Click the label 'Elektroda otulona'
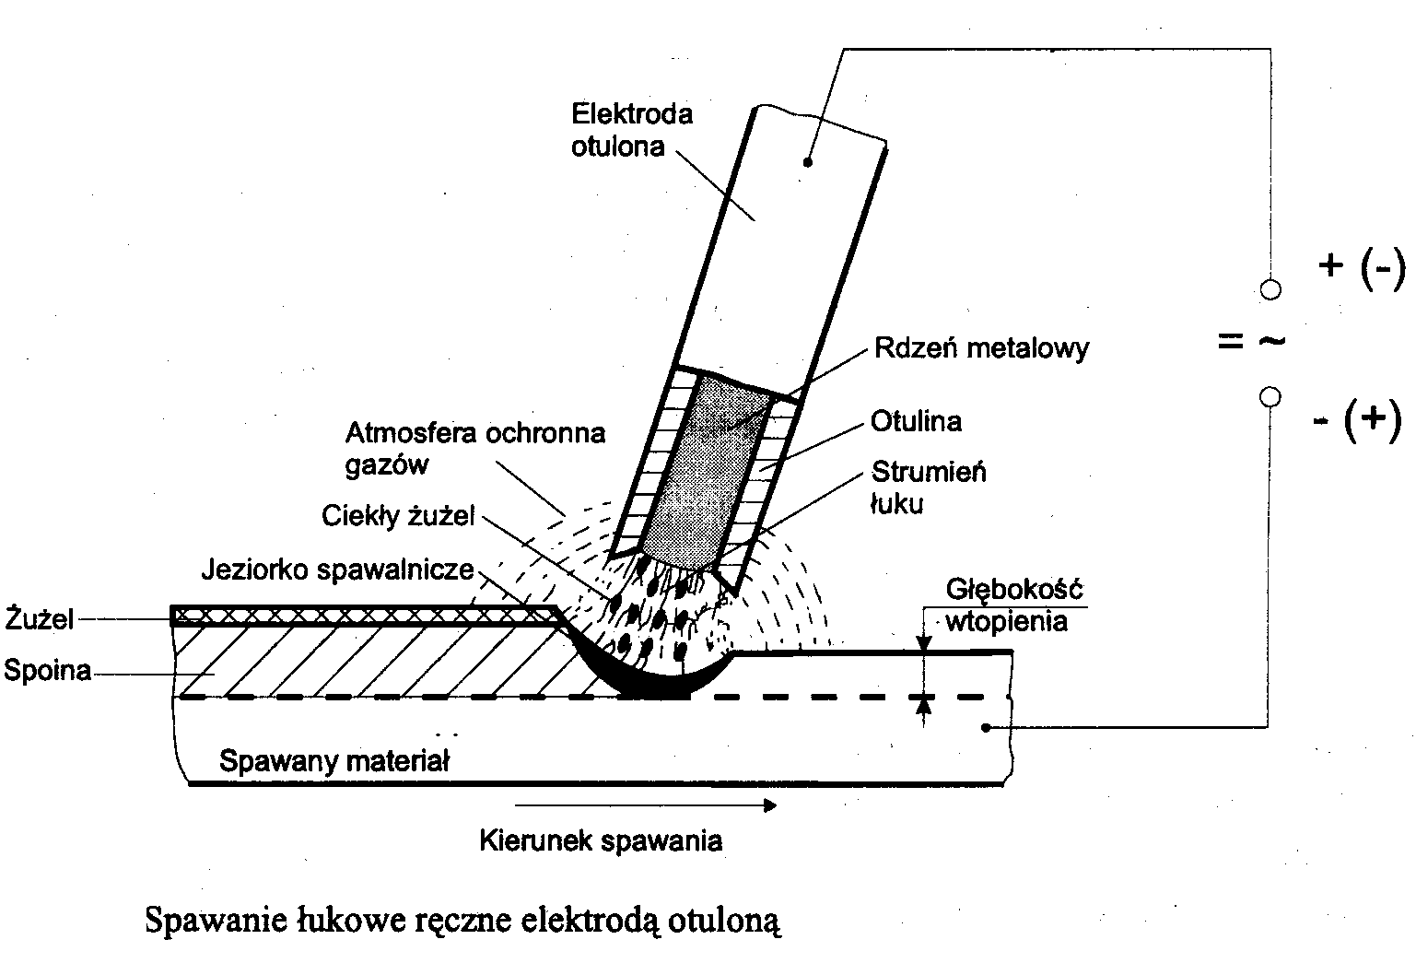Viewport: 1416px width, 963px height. point(631,130)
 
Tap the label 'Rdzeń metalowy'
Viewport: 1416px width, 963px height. point(981,347)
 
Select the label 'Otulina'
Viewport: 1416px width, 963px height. point(916,421)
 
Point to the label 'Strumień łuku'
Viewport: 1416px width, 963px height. point(928,487)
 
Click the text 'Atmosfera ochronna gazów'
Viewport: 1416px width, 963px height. point(474,448)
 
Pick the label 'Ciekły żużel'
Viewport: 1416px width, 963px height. point(398,516)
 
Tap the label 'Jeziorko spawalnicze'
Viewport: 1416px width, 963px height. point(337,570)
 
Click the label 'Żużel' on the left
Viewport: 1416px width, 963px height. point(39,618)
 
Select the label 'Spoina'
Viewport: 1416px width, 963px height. point(47,670)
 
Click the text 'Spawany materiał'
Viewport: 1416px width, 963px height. point(334,761)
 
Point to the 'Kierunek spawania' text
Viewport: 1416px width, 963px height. point(601,840)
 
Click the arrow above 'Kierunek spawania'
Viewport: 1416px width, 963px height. point(645,805)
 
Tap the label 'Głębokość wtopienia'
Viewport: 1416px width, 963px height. point(1014,605)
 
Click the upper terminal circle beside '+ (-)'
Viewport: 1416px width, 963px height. point(1270,289)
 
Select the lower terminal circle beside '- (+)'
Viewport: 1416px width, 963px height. point(1270,397)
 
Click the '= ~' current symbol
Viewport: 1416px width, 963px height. point(1250,342)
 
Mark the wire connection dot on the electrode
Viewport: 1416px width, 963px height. point(807,162)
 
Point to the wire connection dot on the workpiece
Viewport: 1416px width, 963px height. point(986,728)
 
